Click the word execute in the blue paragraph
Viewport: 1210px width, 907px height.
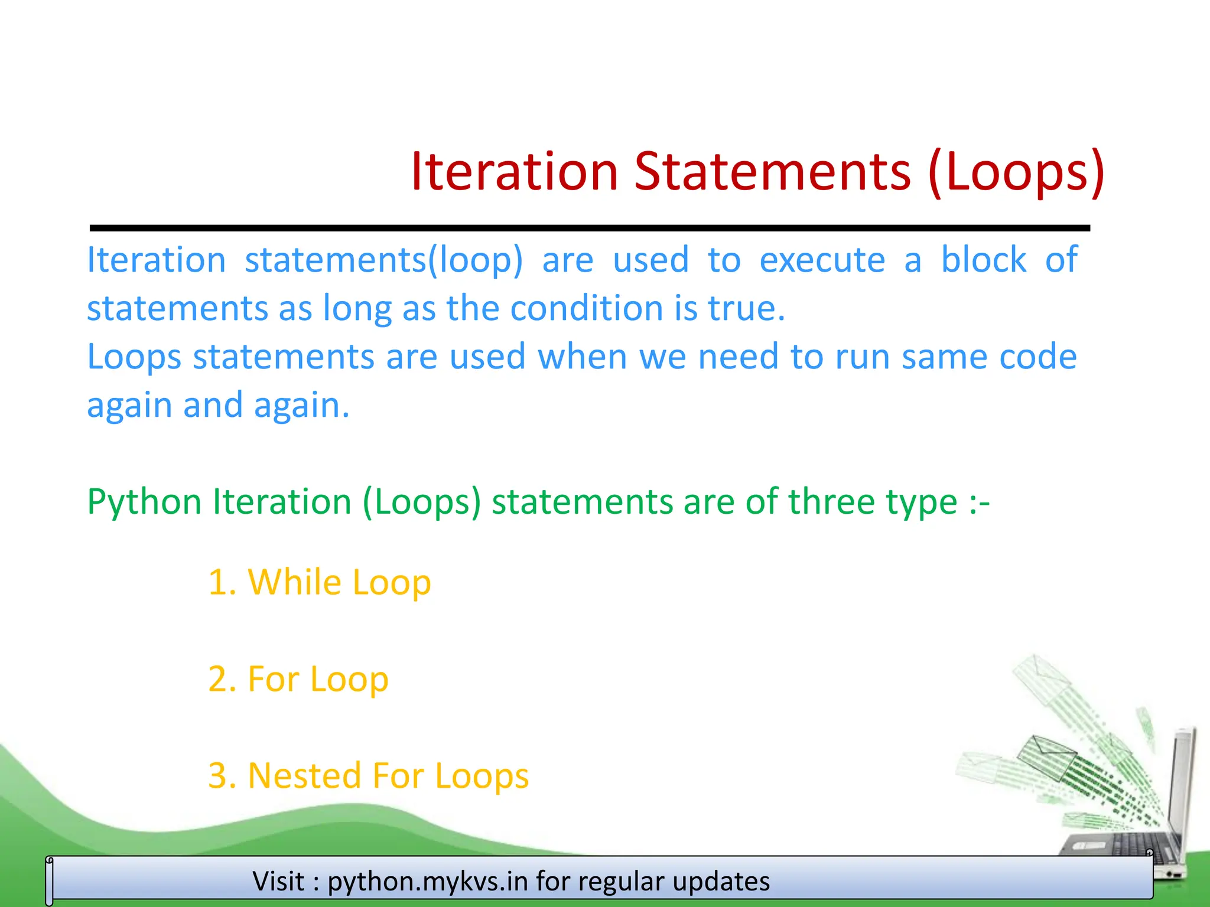tap(822, 260)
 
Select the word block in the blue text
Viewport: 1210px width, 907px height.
tap(984, 260)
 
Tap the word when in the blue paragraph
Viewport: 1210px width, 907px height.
tap(582, 357)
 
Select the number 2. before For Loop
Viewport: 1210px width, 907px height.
tap(223, 679)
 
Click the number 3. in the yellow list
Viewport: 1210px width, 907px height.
tap(223, 776)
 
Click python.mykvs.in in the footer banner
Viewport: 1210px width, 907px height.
tap(427, 882)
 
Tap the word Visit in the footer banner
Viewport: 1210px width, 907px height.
tap(278, 881)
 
